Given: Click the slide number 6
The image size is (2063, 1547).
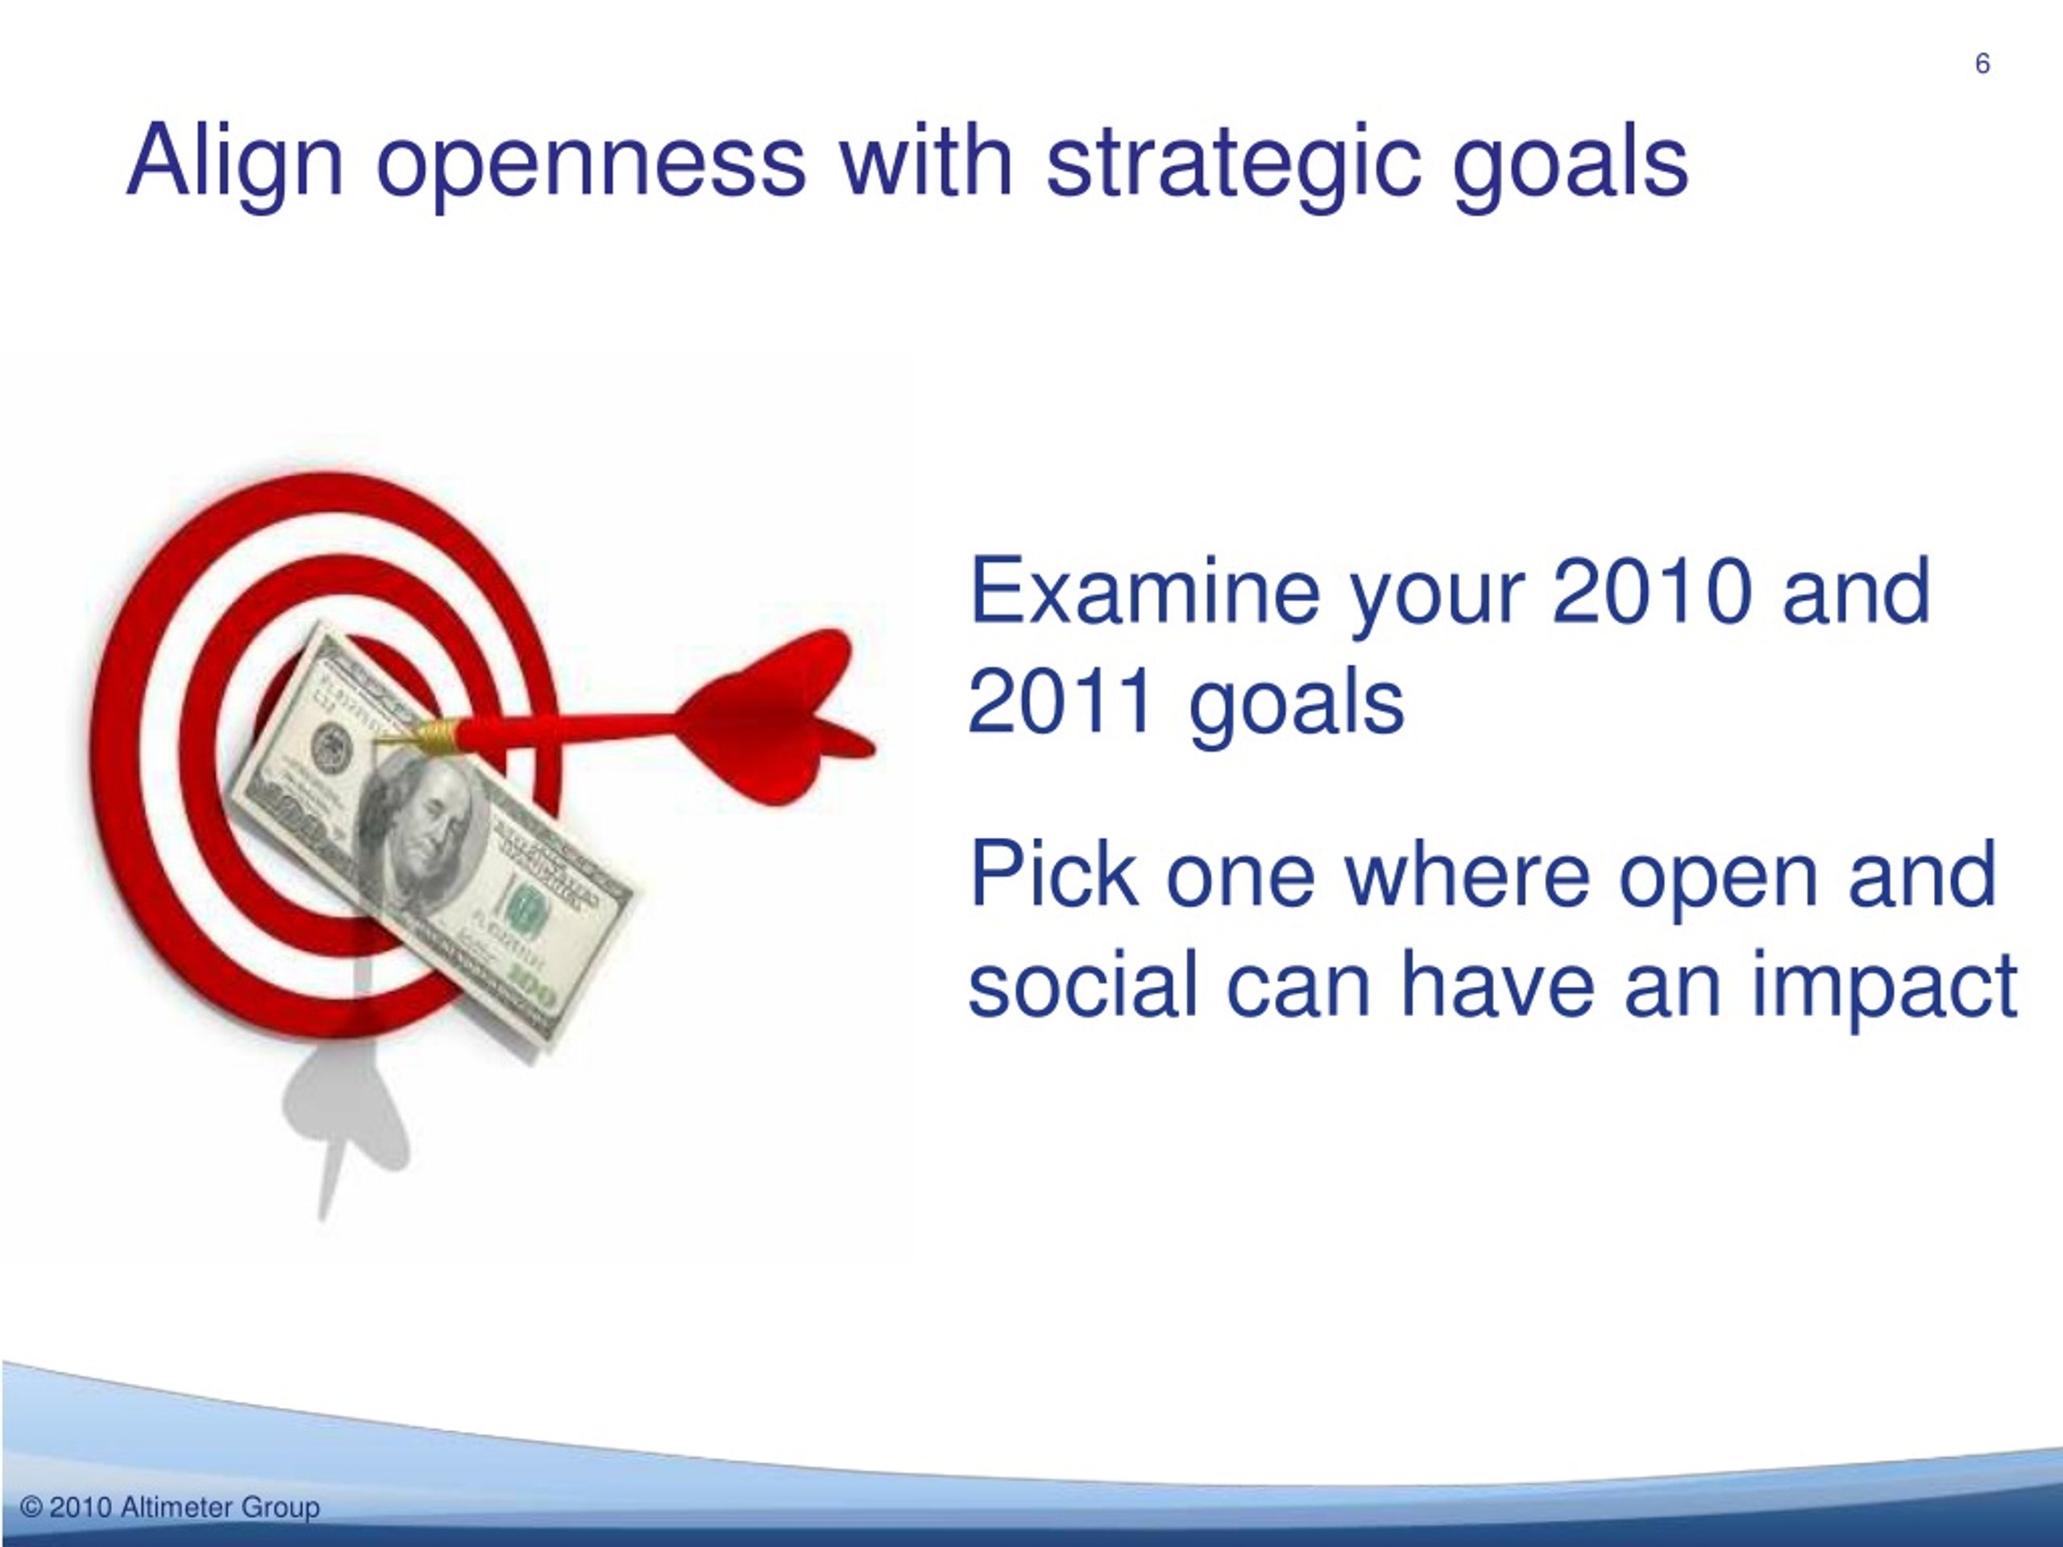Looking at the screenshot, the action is pyautogui.click(x=1982, y=64).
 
